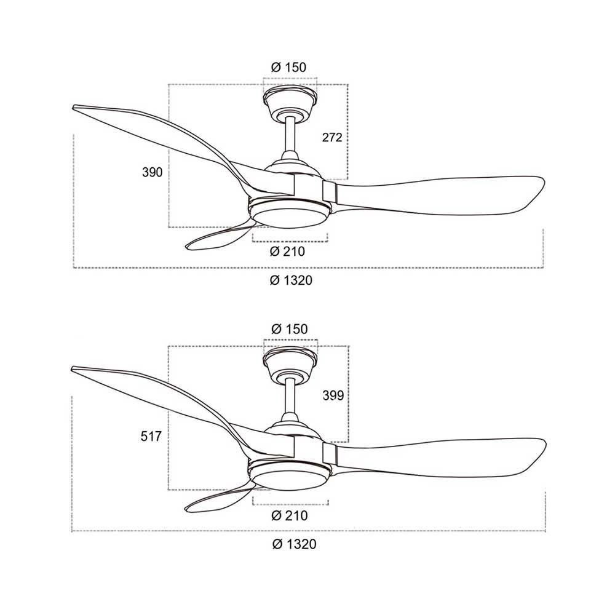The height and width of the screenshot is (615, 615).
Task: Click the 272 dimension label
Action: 332,137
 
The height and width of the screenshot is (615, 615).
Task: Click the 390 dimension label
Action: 152,172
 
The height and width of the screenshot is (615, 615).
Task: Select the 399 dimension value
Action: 333,395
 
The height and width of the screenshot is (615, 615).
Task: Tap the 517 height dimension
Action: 151,436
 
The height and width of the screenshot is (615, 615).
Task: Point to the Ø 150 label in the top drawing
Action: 288,67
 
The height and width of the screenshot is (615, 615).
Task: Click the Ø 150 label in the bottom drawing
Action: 290,328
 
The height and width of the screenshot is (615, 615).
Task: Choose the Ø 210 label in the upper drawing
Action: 287,251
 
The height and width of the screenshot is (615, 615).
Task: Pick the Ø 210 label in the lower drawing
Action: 290,515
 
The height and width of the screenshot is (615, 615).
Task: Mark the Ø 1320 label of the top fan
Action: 291,280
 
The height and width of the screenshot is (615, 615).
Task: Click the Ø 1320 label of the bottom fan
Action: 294,544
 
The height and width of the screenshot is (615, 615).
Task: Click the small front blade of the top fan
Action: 220,237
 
